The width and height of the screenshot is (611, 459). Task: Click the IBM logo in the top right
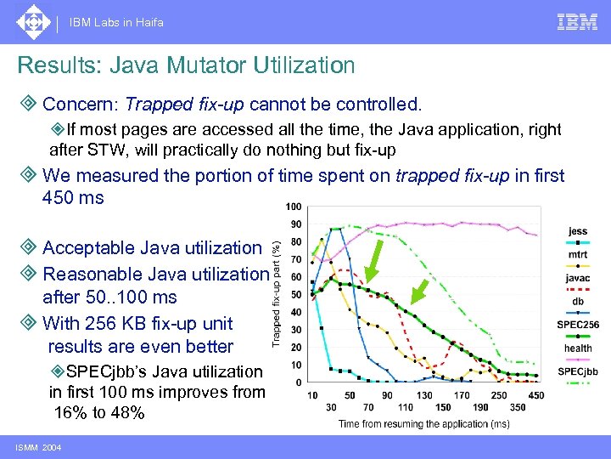(577, 22)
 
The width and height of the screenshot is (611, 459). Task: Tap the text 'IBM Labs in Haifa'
(117, 22)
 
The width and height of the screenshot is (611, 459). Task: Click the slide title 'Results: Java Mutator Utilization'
(186, 65)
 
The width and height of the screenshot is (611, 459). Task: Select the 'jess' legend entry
(577, 230)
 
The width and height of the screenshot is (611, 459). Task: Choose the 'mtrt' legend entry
(577, 253)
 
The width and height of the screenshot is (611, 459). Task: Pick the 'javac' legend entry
(577, 277)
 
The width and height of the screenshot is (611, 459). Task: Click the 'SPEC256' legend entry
(577, 325)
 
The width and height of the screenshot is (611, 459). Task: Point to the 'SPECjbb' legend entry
(577, 371)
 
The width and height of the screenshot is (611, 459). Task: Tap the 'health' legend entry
(577, 348)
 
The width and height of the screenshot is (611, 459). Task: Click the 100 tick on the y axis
(293, 207)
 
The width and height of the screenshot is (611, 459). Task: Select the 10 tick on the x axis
(313, 395)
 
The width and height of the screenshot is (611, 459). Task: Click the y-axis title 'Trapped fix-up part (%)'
(276, 291)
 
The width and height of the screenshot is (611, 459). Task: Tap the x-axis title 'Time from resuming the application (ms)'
(424, 423)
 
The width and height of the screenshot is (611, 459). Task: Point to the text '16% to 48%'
(98, 413)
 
